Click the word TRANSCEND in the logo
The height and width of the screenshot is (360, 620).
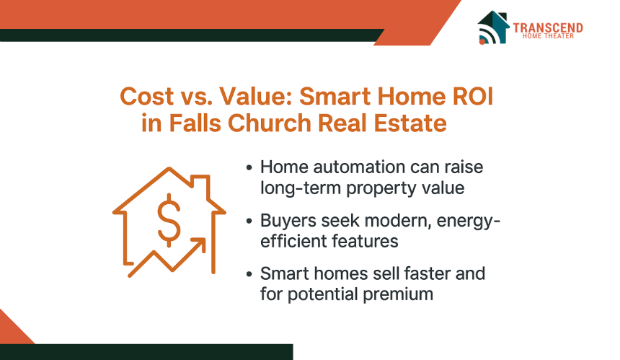point(548,27)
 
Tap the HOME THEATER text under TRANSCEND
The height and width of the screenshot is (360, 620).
point(548,36)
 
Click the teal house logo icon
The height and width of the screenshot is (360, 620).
point(492,27)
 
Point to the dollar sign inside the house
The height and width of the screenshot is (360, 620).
point(169,220)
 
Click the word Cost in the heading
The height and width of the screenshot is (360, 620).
point(146,96)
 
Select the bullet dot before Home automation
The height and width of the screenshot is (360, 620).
point(249,167)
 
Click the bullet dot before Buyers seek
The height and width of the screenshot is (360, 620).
point(249,221)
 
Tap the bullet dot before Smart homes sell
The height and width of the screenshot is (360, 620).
point(249,273)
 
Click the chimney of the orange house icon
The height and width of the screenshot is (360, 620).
point(200,187)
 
